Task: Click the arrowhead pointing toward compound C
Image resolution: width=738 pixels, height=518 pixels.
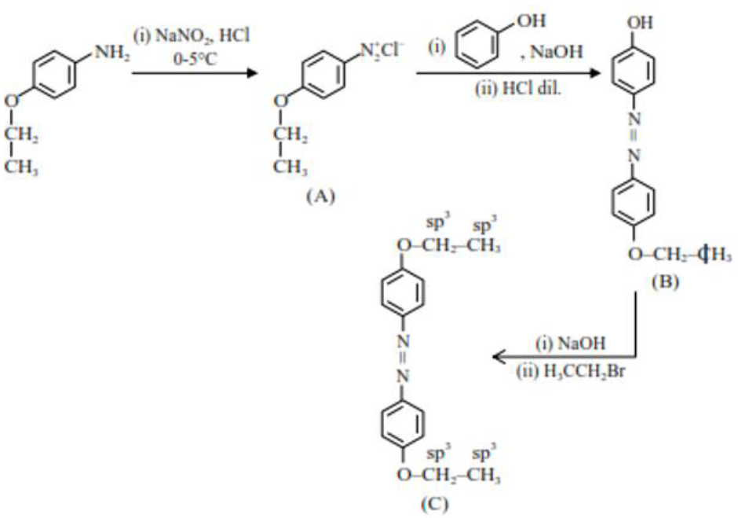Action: click(498, 358)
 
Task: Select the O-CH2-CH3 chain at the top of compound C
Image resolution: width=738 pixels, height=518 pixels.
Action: click(448, 246)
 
